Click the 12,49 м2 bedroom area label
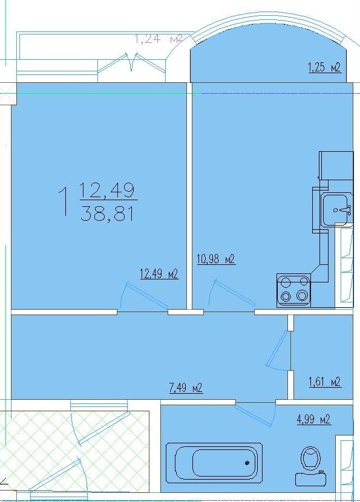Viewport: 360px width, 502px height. (159, 274)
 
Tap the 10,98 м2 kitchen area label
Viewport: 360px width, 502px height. (216, 259)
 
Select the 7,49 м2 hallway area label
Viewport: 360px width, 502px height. (186, 388)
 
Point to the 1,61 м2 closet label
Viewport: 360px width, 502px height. (324, 382)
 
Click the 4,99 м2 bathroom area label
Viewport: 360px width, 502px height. (314, 419)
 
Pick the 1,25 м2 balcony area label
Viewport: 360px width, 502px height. (324, 68)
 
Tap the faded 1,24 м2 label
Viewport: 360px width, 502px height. (159, 39)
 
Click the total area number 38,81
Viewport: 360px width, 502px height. (107, 214)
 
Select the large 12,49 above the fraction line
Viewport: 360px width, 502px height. (107, 190)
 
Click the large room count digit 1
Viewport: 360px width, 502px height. (64, 201)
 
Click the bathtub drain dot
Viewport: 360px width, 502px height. (247, 463)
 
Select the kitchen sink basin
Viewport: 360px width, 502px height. (335, 209)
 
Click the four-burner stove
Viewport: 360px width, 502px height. (293, 290)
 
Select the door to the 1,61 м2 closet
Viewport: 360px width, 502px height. (278, 350)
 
